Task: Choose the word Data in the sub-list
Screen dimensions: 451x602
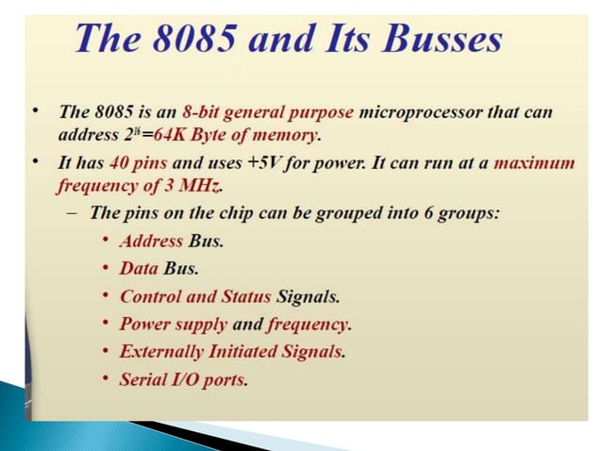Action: point(139,268)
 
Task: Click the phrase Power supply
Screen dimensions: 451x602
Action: point(173,325)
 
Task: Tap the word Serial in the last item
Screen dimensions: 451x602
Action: point(142,380)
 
